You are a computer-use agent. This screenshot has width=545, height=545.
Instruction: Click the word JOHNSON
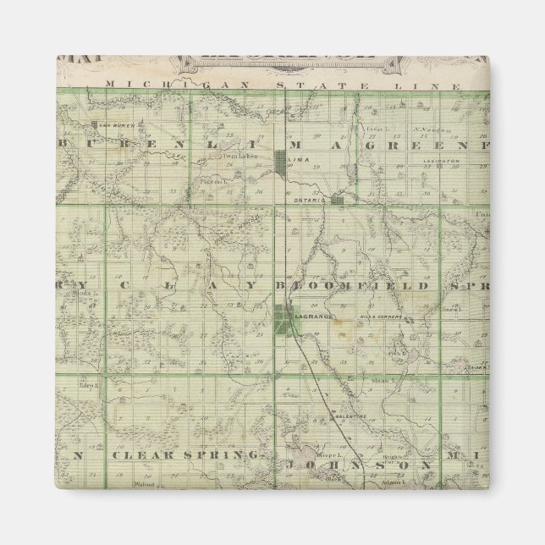click(x=360, y=465)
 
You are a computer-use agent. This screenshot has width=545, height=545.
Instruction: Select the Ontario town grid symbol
click(x=338, y=199)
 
